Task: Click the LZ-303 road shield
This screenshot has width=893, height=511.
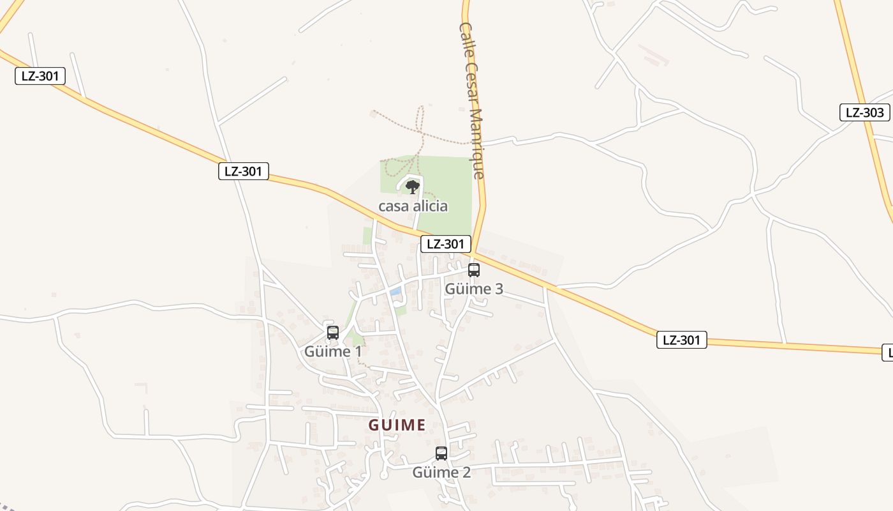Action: pyautogui.click(x=864, y=112)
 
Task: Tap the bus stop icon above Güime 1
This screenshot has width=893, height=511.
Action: pyautogui.click(x=333, y=332)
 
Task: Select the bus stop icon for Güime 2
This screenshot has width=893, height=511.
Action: pyautogui.click(x=441, y=454)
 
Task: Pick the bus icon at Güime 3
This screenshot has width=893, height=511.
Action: pyautogui.click(x=473, y=270)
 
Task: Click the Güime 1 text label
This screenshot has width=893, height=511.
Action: pyautogui.click(x=333, y=351)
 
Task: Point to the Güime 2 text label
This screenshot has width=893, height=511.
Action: pyautogui.click(x=441, y=473)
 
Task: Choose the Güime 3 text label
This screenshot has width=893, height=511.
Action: pyautogui.click(x=474, y=289)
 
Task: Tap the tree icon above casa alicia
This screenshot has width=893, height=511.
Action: pyautogui.click(x=413, y=187)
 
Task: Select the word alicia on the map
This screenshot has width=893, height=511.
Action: pyautogui.click(x=429, y=206)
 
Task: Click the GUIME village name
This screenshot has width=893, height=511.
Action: pyautogui.click(x=397, y=425)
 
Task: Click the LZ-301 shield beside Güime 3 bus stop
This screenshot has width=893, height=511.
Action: pyautogui.click(x=445, y=243)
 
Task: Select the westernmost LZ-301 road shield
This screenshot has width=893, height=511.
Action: pyautogui.click(x=40, y=76)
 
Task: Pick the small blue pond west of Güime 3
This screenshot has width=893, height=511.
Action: pyautogui.click(x=396, y=291)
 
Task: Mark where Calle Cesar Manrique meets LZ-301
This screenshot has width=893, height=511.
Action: pyautogui.click(x=474, y=252)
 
